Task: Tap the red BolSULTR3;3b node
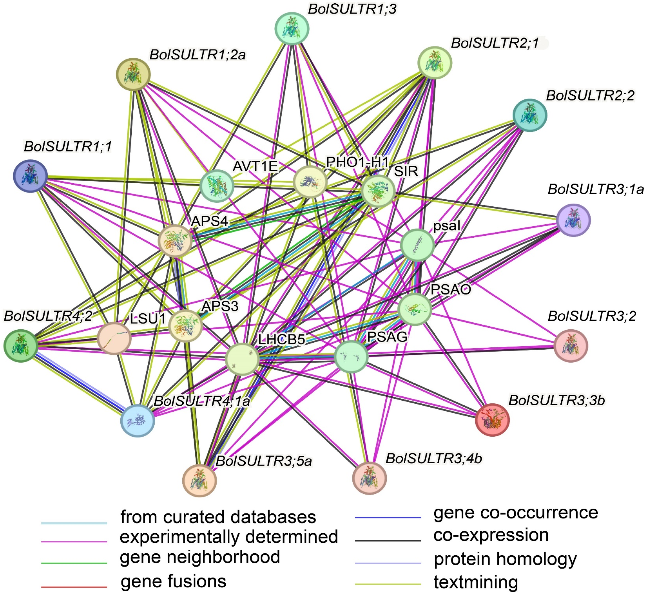point(492,420)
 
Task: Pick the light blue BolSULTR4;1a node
point(138,421)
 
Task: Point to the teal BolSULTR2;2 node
point(529,115)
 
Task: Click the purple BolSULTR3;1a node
point(573,220)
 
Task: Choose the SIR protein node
point(378,191)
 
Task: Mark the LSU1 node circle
point(114,338)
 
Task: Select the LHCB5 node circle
point(242,359)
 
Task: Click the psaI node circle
point(417,245)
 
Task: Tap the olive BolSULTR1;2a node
point(133,74)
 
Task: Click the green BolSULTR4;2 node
point(21,346)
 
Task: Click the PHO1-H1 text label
point(357,162)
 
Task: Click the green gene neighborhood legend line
point(74,563)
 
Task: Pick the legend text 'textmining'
point(476,582)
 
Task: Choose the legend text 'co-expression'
point(491,535)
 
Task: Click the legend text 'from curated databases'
point(218,517)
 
